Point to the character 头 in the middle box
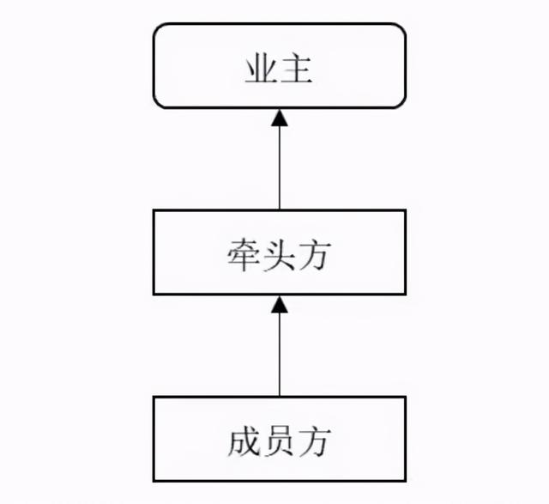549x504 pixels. pos(279,254)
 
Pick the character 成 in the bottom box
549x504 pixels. pos(243,441)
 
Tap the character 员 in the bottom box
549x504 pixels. pos(279,441)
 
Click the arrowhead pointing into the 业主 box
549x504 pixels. pos(280,118)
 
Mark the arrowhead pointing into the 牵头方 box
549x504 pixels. pos(280,305)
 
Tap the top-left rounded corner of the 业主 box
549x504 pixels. pos(157,27)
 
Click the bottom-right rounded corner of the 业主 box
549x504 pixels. pos(402,104)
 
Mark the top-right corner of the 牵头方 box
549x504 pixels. pos(405,210)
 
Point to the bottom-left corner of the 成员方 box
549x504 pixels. pos(154,481)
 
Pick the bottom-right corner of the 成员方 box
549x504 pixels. pos(405,481)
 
